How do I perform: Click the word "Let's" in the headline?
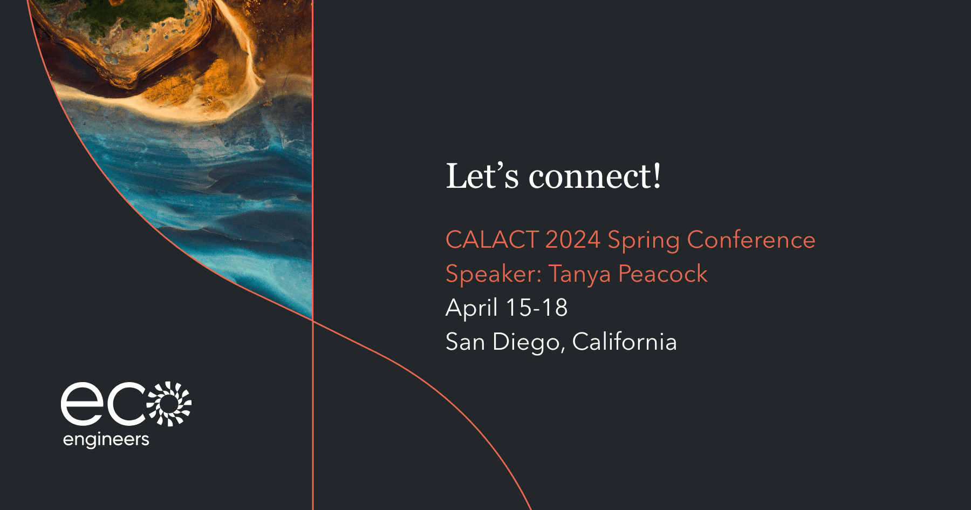(x=482, y=176)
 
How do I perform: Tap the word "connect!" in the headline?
(x=594, y=176)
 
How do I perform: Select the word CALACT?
(x=492, y=240)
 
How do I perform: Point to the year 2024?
(x=572, y=240)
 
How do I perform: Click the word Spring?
(x=644, y=241)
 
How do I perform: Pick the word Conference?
(x=751, y=240)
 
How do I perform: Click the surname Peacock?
(x=662, y=274)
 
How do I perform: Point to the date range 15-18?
(x=537, y=308)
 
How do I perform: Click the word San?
(x=465, y=342)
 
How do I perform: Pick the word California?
(x=624, y=342)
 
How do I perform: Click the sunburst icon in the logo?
(x=169, y=404)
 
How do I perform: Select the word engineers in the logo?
(x=106, y=440)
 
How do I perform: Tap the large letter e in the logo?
(x=82, y=404)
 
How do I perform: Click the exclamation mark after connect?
(x=657, y=176)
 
